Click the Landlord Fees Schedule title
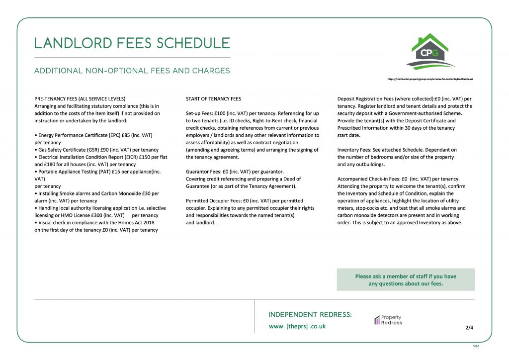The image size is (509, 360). (132, 43)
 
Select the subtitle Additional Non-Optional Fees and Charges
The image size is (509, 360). (132, 71)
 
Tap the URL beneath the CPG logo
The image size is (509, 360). (429, 79)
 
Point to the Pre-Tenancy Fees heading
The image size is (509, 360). (80, 98)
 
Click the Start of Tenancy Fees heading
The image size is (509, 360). (213, 98)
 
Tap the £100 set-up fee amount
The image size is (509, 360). (212, 113)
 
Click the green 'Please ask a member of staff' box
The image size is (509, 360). (406, 280)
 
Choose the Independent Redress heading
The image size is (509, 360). (310, 315)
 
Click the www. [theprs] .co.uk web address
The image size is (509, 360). (297, 326)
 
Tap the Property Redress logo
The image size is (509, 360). (388, 320)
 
